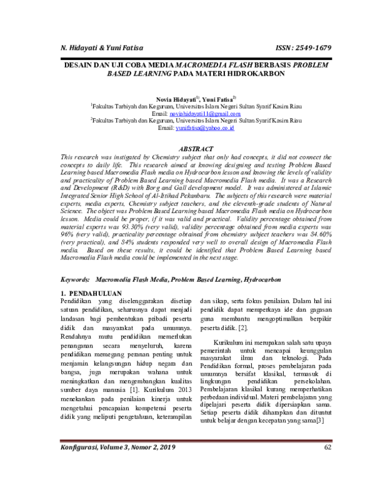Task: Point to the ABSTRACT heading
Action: [x=196, y=149]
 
